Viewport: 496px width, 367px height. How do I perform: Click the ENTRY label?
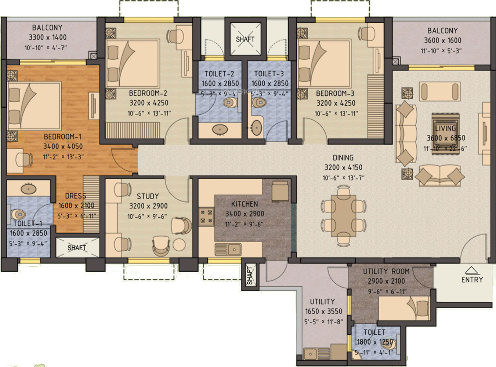(472, 280)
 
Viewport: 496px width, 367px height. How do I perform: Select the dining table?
(344, 216)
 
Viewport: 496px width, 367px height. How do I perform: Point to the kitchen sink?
(228, 250)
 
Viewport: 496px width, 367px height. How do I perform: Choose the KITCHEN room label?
(245, 204)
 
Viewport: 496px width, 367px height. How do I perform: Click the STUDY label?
(148, 196)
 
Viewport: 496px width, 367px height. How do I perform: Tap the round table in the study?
(179, 244)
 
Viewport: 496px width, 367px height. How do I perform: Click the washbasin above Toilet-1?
(28, 189)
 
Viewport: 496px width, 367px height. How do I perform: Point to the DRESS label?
(75, 196)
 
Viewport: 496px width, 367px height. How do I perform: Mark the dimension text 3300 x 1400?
(48, 37)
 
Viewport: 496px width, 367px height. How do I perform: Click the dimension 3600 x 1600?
(442, 40)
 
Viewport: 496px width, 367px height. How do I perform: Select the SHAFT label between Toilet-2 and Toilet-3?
(245, 39)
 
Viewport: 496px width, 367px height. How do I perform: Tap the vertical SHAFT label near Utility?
(250, 276)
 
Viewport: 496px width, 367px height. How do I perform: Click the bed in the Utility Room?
(403, 308)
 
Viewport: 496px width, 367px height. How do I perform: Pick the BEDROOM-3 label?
(335, 93)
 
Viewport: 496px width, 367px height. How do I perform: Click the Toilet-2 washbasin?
(220, 130)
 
